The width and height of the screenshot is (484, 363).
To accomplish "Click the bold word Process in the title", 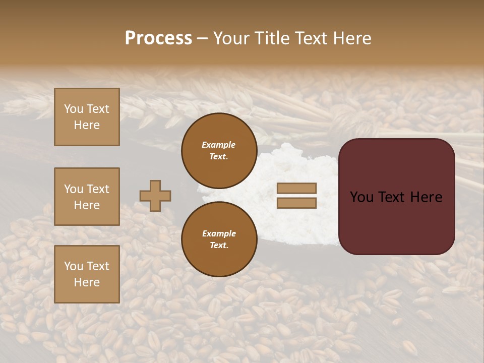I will click(x=158, y=38).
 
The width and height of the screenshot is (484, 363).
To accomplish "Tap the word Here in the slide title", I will click(x=351, y=38).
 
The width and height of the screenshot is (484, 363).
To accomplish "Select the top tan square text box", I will click(x=87, y=117).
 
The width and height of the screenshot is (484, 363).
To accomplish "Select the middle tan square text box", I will click(x=87, y=197).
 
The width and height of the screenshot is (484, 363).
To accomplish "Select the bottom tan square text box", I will click(x=87, y=274).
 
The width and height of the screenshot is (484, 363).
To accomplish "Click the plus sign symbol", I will click(x=155, y=196).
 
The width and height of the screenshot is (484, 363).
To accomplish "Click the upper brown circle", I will click(x=219, y=150).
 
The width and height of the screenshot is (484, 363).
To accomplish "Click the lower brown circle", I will click(x=219, y=239).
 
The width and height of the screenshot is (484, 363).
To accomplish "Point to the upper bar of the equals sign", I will click(x=296, y=189).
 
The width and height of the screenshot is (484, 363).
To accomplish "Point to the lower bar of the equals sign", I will click(x=296, y=203).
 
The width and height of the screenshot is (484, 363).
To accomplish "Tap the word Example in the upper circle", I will click(x=219, y=145).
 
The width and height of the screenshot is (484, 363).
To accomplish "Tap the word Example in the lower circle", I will click(x=219, y=233).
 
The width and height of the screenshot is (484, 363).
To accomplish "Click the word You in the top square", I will click(x=74, y=109).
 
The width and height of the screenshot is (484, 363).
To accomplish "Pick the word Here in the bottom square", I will click(x=87, y=282).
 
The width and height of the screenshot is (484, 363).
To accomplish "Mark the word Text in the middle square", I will click(x=98, y=189).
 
